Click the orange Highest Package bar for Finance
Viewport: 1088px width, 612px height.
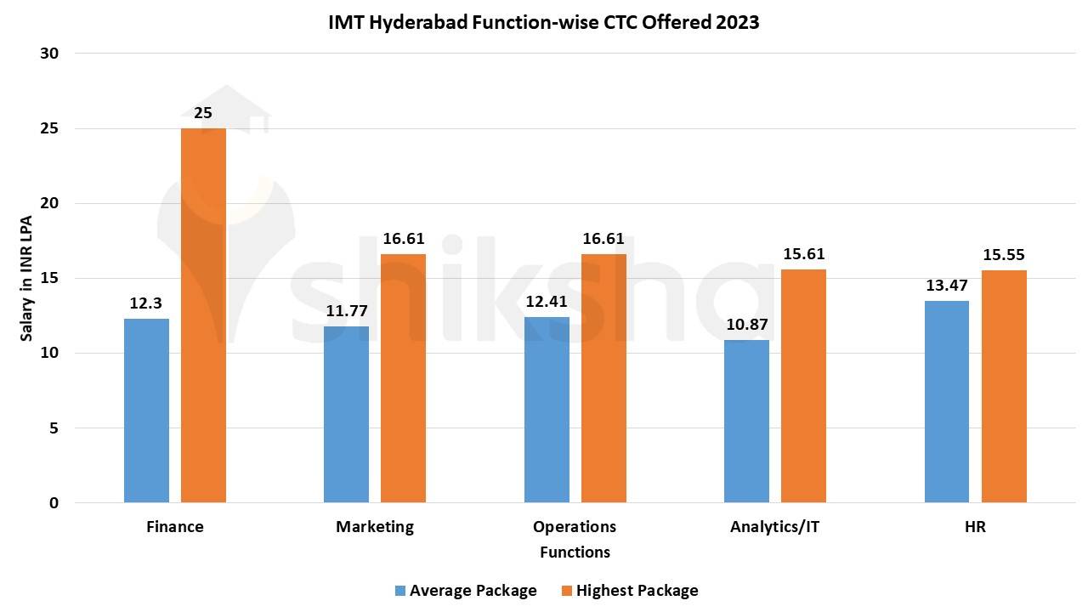[203, 314]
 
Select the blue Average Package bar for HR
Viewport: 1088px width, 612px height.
[947, 401]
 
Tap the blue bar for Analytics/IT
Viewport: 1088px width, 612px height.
[746, 421]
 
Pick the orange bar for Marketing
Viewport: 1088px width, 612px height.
[403, 378]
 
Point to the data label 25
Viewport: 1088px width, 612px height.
[203, 113]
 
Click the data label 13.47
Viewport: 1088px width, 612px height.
[947, 285]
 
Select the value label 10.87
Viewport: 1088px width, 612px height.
[746, 325]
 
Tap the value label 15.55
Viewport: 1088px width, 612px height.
[1004, 254]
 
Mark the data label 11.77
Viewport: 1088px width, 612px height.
[347, 310]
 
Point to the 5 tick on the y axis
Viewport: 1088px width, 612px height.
[54, 428]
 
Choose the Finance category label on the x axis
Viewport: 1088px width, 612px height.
[175, 527]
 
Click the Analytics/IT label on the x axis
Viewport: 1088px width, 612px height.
[774, 527]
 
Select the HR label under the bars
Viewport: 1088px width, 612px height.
[975, 527]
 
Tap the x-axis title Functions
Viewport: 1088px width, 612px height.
[575, 552]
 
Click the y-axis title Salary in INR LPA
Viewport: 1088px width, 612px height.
[27, 278]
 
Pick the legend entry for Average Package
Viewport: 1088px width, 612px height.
[473, 590]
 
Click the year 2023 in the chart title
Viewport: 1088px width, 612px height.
[736, 23]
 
